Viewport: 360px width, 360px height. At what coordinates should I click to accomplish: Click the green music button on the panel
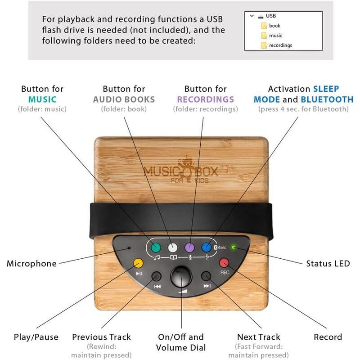point(156,247)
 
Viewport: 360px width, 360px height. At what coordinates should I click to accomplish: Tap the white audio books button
point(173,247)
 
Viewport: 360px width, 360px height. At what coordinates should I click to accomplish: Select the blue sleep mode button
point(207,247)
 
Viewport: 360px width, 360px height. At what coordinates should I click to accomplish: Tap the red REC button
point(224,262)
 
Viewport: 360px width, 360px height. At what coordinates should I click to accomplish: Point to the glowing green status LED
point(233,247)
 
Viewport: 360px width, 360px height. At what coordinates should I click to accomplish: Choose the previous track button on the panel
point(157,276)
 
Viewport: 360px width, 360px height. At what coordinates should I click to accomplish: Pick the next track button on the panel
point(207,276)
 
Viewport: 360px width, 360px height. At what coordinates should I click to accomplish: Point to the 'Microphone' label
point(31,264)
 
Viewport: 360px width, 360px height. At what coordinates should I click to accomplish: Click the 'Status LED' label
point(328,264)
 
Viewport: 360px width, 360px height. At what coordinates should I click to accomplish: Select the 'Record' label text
point(328,337)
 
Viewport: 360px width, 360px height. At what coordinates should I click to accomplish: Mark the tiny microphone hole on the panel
point(129,247)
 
